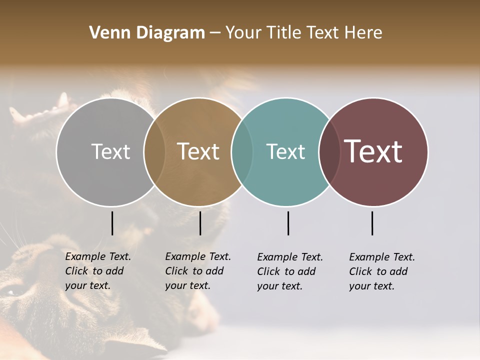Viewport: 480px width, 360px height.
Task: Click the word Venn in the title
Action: click(x=107, y=33)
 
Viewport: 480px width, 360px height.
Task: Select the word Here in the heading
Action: click(x=363, y=33)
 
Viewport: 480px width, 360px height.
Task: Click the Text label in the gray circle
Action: click(x=110, y=151)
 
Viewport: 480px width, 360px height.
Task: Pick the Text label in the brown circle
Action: click(x=198, y=151)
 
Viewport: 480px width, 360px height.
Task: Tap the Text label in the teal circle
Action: click(x=285, y=151)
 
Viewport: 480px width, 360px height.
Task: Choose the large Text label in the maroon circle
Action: click(x=373, y=151)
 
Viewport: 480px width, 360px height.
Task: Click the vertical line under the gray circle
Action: click(x=112, y=223)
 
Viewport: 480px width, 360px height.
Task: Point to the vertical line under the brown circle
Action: click(x=200, y=223)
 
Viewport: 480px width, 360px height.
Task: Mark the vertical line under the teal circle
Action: click(x=288, y=223)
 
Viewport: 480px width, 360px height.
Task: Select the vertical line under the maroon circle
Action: click(x=372, y=223)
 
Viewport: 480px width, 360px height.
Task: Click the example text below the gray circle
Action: click(x=97, y=271)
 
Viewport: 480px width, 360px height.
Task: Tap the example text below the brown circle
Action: click(x=197, y=271)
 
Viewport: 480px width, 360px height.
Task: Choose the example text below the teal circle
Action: click(x=289, y=271)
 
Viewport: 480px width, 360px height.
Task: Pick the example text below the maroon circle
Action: click(x=381, y=271)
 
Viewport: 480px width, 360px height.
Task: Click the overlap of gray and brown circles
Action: click(x=154, y=151)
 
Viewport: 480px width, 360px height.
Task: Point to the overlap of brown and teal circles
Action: click(x=242, y=151)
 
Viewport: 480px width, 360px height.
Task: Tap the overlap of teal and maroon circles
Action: click(x=329, y=151)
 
